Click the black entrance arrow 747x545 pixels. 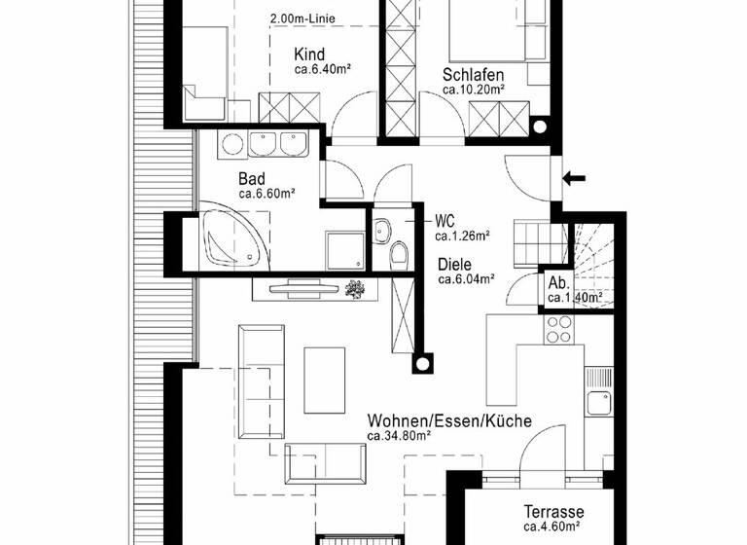click(x=575, y=177)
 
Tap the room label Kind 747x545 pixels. click(x=309, y=54)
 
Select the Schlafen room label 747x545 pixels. click(x=473, y=74)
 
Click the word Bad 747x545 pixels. click(x=253, y=179)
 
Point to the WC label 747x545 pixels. click(x=445, y=220)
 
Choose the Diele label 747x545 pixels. click(x=455, y=264)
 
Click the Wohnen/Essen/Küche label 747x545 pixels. click(x=448, y=421)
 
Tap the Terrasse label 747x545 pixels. click(x=553, y=512)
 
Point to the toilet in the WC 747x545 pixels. click(x=398, y=255)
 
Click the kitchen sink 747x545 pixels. click(x=597, y=401)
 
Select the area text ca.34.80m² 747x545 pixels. click(x=399, y=436)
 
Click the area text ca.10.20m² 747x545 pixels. click(x=473, y=90)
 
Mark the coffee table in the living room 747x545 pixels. click(x=326, y=380)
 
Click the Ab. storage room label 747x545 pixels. click(x=558, y=283)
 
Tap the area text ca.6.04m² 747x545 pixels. click(x=466, y=279)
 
